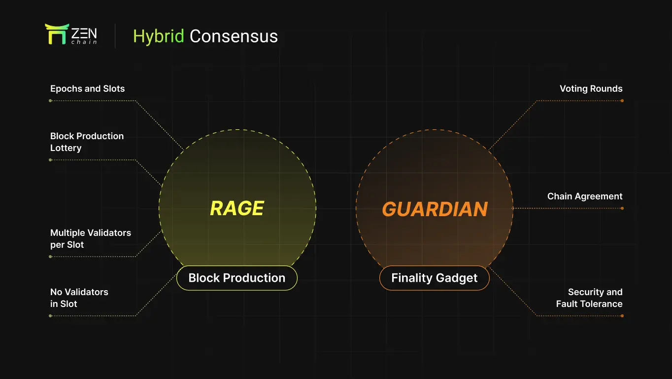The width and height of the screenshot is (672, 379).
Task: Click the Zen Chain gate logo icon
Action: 56,34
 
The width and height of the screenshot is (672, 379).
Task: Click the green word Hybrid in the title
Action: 159,37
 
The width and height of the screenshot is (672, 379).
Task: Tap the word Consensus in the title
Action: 234,37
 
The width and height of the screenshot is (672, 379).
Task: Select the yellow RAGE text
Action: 237,208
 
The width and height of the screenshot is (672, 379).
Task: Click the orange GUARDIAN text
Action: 435,209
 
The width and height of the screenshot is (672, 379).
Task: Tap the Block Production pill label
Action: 236,278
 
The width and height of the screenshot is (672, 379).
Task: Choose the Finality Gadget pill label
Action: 435,278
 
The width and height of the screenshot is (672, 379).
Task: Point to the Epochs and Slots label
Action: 87,89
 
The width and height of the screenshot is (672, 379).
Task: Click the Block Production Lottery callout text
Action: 87,142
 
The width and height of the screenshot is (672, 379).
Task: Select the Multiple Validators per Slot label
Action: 90,239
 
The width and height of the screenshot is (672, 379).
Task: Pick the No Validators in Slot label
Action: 79,298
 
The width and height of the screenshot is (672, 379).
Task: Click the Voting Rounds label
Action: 591,89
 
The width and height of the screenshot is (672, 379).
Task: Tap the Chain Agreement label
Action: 585,196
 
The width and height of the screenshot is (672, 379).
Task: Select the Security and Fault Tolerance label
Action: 589,298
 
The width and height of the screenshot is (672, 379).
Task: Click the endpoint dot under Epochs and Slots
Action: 50,101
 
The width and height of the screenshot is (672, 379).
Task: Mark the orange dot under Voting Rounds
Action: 622,101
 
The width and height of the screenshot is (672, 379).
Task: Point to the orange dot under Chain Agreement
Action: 622,208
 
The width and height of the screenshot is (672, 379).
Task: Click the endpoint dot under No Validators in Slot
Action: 50,316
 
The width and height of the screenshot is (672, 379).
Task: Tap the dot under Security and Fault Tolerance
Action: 622,316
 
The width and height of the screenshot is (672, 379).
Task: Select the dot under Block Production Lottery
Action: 50,160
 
